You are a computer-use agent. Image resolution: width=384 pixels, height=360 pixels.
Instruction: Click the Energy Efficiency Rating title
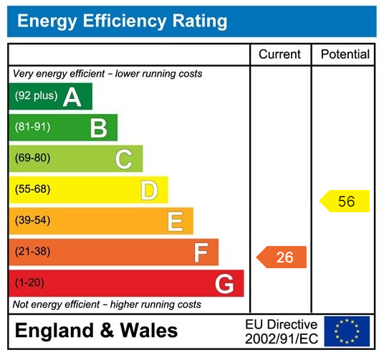122,21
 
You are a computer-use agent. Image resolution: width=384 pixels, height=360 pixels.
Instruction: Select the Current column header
280,55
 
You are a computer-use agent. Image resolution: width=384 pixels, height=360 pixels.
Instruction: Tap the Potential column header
345,55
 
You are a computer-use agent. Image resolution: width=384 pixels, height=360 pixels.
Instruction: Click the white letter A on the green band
72,97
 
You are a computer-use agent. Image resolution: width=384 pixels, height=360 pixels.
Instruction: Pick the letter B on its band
98,128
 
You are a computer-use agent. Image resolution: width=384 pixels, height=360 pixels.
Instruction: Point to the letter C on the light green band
124,159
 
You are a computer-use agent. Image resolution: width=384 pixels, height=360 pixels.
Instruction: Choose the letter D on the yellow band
149,191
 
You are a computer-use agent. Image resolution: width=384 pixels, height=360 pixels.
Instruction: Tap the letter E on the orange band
175,222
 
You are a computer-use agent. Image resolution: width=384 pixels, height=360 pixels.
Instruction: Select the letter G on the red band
224,285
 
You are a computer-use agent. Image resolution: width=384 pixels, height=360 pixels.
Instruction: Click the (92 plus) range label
36,96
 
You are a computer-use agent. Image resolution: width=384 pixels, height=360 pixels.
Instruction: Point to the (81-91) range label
33,128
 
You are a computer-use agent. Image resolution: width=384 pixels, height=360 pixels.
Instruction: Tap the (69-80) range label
33,158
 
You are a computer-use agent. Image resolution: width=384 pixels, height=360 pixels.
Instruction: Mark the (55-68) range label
33,190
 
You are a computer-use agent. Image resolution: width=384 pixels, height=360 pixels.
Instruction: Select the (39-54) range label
33,221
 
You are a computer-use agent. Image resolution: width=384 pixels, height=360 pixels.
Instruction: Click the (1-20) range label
30,283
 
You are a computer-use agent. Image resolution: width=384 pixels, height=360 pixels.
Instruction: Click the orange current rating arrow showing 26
282,257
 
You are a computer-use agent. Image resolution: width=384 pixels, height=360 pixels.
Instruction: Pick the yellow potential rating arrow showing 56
345,202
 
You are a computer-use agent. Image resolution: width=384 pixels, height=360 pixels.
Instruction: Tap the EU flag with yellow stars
347,331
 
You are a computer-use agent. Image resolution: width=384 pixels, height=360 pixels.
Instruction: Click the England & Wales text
97,331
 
